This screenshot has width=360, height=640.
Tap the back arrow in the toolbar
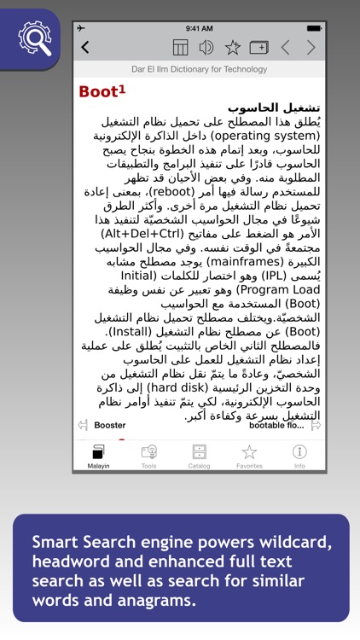(x=84, y=48)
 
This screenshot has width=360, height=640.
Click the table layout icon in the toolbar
(x=181, y=48)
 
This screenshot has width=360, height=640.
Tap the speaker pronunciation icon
(x=206, y=48)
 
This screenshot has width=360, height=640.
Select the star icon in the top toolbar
(x=232, y=48)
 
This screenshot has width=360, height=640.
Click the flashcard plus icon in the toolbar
(x=258, y=48)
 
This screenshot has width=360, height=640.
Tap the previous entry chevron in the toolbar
(x=286, y=48)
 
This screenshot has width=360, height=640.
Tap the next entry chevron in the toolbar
(x=311, y=48)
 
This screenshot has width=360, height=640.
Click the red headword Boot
(x=98, y=91)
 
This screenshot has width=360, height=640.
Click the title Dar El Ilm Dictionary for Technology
(x=198, y=69)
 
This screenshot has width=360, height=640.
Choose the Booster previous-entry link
(x=109, y=424)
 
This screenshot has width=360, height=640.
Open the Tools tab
(x=148, y=456)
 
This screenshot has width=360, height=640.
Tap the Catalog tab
(x=199, y=456)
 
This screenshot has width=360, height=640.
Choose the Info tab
(x=299, y=456)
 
